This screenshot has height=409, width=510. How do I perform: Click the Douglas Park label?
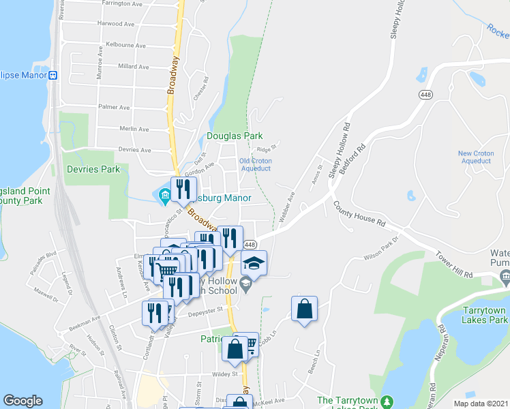pyautogui.click(x=235, y=136)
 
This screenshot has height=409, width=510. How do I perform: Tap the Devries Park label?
pyautogui.click(x=93, y=169)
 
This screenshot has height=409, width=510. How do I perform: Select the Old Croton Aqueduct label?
pyautogui.click(x=256, y=164)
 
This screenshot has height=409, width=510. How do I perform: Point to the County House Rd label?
pyautogui.click(x=359, y=213)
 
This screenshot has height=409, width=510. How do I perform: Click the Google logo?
pyautogui.click(x=22, y=401)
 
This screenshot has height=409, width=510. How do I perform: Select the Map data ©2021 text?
pyautogui.click(x=481, y=403)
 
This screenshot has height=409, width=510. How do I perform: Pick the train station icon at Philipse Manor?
pyautogui.click(x=52, y=76)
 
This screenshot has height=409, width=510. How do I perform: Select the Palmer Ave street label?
pyautogui.click(x=114, y=107)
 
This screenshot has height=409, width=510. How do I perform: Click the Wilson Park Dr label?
pyautogui.click(x=380, y=256)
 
